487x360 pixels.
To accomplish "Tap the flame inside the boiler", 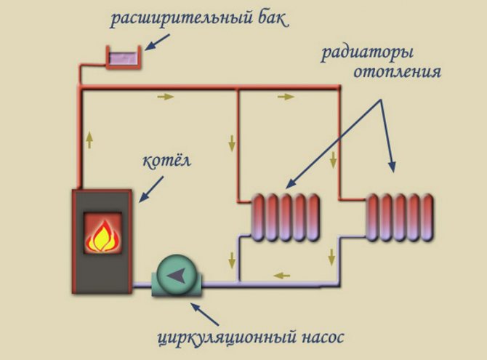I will [102, 233].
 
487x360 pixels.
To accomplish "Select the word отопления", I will [397, 73].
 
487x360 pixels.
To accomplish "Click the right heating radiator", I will [400, 216].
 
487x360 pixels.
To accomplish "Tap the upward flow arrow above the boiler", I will [90, 138].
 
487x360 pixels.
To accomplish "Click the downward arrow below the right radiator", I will [331, 256].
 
